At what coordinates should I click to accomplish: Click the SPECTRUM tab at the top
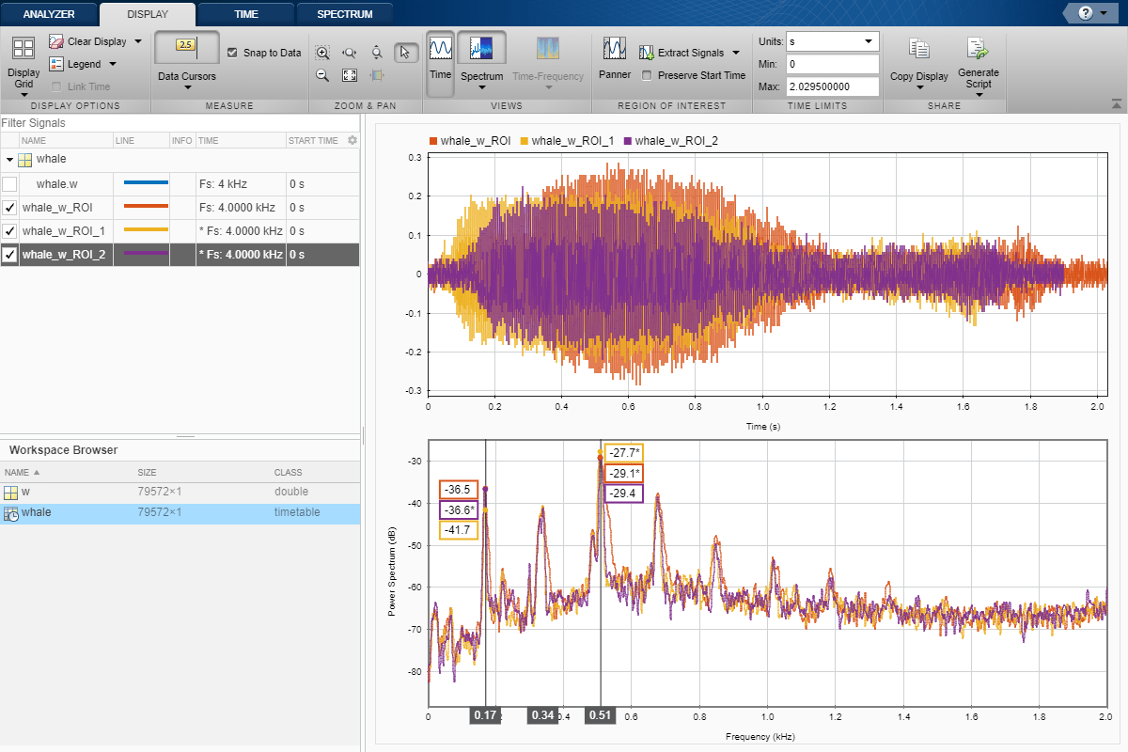coord(344,14)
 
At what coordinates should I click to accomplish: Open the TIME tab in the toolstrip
coord(245,14)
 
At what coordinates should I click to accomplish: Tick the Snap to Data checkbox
coord(233,53)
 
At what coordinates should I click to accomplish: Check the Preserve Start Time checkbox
coord(647,75)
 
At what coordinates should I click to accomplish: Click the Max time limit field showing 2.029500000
coord(832,86)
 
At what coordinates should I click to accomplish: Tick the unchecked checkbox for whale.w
coord(9,184)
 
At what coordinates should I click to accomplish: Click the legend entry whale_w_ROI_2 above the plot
coord(676,141)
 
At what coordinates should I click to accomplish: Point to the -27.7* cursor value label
coord(623,453)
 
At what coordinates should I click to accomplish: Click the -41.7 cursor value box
coord(459,530)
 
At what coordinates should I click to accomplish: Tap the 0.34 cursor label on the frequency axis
coord(542,715)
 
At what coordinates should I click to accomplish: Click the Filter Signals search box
coord(179,123)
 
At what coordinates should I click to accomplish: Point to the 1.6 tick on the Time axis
coord(962,408)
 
